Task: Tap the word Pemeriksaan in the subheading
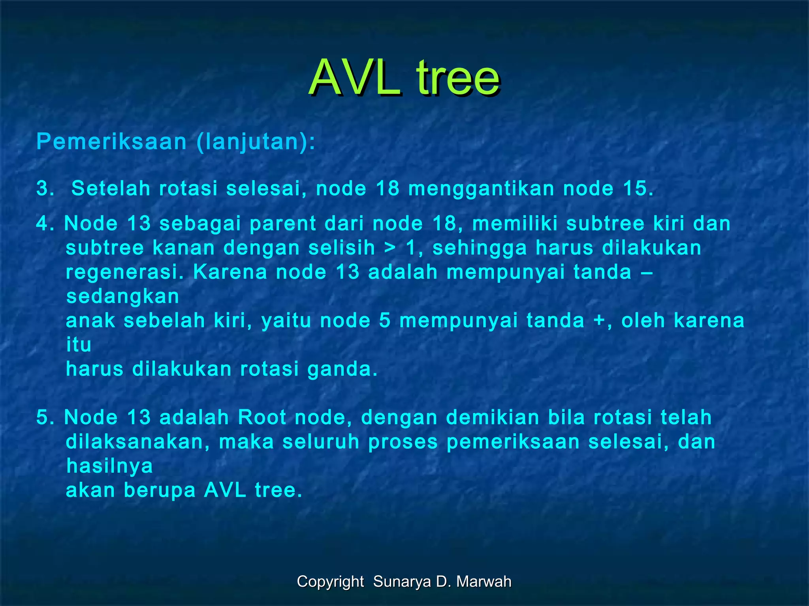pyautogui.click(x=111, y=142)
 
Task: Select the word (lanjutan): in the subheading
pyautogui.click(x=256, y=142)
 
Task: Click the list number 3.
pyautogui.click(x=45, y=189)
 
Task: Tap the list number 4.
pyautogui.click(x=45, y=224)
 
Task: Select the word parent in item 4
pyautogui.click(x=282, y=224)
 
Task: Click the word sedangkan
pyautogui.click(x=122, y=296)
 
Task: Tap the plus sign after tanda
pyautogui.click(x=600, y=321)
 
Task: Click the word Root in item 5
pyautogui.click(x=262, y=417)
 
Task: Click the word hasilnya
pyautogui.click(x=109, y=466)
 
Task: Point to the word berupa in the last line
pyautogui.click(x=160, y=490)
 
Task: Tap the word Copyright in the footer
pyautogui.click(x=330, y=582)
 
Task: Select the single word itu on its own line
pyautogui.click(x=79, y=345)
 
